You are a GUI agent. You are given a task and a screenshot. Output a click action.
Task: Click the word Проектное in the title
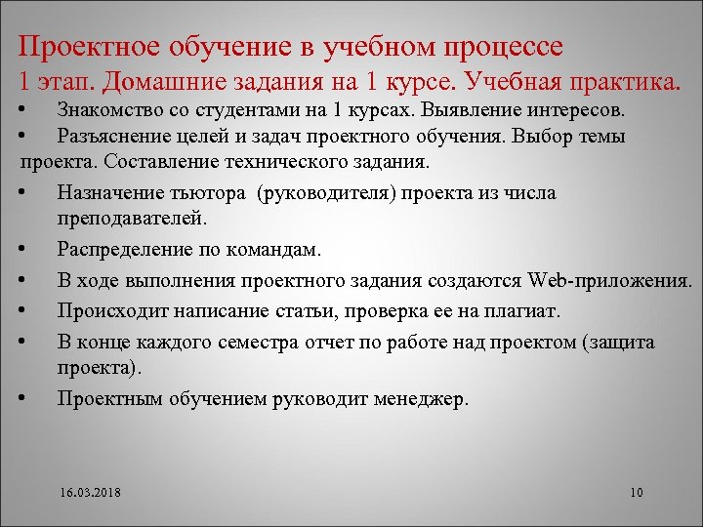pyautogui.click(x=84, y=46)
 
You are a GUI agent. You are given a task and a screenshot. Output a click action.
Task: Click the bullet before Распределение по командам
pyautogui.click(x=33, y=249)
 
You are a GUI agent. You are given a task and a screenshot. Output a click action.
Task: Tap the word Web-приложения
pyautogui.click(x=609, y=281)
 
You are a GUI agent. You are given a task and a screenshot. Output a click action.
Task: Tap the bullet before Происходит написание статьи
pyautogui.click(x=33, y=311)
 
